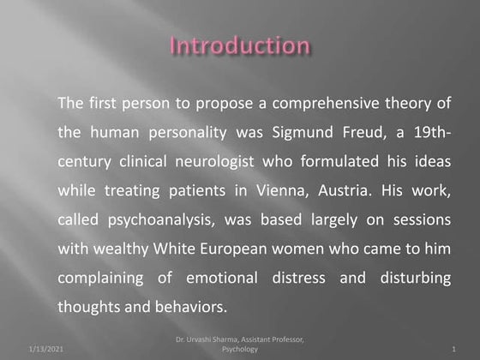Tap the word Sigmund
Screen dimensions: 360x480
coord(319,134)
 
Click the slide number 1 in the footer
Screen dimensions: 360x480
coord(453,350)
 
